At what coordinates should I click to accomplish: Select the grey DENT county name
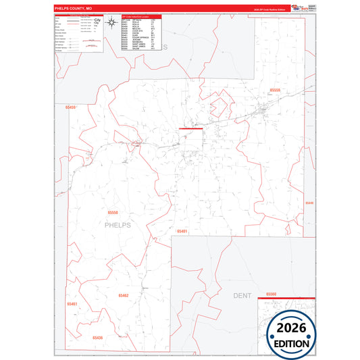(242, 295)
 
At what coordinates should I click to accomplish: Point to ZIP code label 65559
(275, 89)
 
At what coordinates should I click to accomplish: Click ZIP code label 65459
(71, 107)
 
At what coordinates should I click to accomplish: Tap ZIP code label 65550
(112, 211)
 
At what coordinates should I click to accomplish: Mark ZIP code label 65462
(123, 295)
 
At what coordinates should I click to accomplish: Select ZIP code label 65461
(72, 304)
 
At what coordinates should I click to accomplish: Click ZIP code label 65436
(98, 337)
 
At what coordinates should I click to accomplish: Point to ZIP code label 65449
(309, 202)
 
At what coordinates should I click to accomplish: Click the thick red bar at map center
(190, 128)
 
